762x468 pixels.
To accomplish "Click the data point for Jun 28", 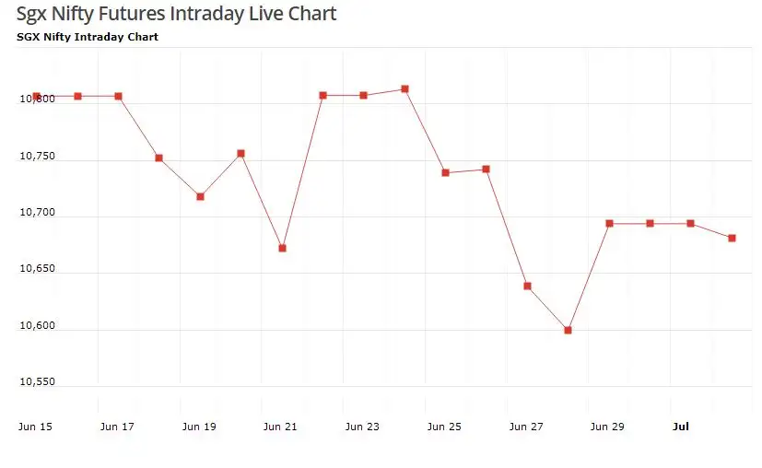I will pyautogui.click(x=568, y=330).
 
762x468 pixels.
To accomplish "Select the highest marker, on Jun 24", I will pyautogui.click(x=404, y=89).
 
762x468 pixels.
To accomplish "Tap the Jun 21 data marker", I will pyautogui.click(x=282, y=248).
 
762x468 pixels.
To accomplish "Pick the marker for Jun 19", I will pyautogui.click(x=200, y=196).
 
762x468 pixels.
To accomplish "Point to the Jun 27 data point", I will pyautogui.click(x=527, y=286).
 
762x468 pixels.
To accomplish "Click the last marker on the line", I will pyautogui.click(x=732, y=238).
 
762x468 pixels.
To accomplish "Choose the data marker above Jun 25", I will pyautogui.click(x=445, y=172).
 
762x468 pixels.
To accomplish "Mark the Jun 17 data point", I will pyautogui.click(x=118, y=96).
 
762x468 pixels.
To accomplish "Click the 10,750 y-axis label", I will pyautogui.click(x=37, y=157).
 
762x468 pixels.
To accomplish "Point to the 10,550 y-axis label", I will pyautogui.click(x=37, y=381).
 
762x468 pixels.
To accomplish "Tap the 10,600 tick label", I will pyautogui.click(x=37, y=325).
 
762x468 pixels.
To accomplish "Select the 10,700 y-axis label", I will pyautogui.click(x=37, y=213).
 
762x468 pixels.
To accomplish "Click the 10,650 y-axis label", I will pyautogui.click(x=37, y=269).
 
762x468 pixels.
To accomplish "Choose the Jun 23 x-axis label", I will pyautogui.click(x=362, y=427).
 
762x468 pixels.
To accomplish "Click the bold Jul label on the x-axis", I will pyautogui.click(x=681, y=427).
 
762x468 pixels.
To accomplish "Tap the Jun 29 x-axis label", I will pyautogui.click(x=607, y=427).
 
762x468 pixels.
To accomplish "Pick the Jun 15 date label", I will pyautogui.click(x=35, y=427).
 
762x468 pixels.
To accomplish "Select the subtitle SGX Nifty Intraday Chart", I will pyautogui.click(x=88, y=37).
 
